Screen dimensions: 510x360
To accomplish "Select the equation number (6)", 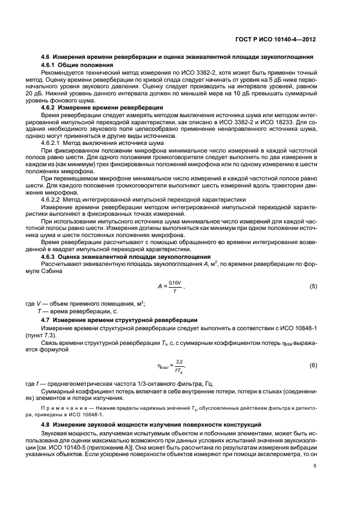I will pyautogui.click(x=313, y=365).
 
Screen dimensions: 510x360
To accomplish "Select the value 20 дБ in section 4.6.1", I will pyautogui.click(x=51, y=93).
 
